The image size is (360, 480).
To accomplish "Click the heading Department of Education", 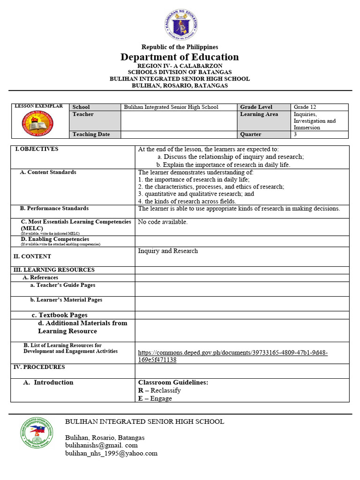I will click(x=180, y=57).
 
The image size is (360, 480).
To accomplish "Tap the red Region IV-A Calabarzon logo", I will click(x=37, y=123).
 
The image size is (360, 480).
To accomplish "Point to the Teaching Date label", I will click(x=91, y=135).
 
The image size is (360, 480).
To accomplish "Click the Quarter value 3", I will click(x=295, y=135).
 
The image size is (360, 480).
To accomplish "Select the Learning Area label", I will click(x=259, y=114).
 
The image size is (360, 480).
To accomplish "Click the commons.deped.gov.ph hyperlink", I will click(x=232, y=356).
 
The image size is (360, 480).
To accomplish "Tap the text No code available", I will click(x=163, y=222).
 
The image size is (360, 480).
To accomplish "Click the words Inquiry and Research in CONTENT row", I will click(x=168, y=251).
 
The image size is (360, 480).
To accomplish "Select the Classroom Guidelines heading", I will click(x=173, y=382).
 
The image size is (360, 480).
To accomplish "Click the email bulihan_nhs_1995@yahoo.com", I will click(x=111, y=453).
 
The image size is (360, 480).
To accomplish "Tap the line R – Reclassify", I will click(x=159, y=390).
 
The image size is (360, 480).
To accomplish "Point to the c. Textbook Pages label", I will click(x=60, y=315).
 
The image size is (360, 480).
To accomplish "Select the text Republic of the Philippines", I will click(x=180, y=47).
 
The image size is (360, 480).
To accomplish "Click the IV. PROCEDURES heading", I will click(x=39, y=367).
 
